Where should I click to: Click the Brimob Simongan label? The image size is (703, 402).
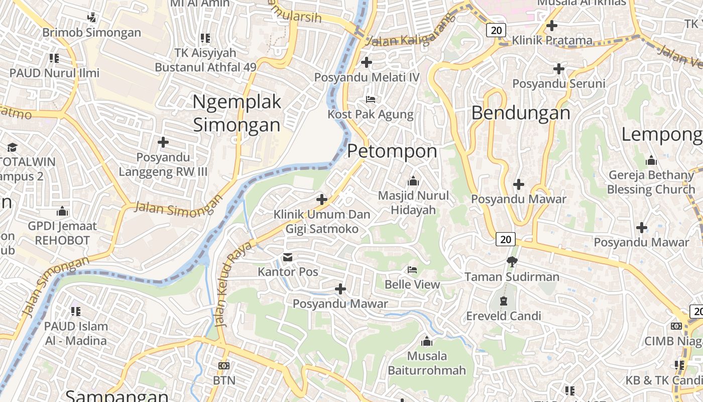pos(92,33)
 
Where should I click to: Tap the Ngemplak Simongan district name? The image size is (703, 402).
pos(237,114)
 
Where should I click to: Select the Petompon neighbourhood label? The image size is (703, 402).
pos(392,151)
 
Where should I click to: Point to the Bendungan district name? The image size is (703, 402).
pos(521,113)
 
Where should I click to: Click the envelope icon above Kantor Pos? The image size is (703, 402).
pos(288,258)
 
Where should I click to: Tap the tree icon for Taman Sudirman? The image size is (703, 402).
pos(512,261)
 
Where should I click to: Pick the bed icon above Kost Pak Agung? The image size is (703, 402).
pos(371,99)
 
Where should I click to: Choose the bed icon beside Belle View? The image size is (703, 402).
pos(412,270)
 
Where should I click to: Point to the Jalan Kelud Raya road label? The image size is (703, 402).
pos(232,284)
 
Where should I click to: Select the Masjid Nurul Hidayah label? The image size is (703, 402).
pos(413,203)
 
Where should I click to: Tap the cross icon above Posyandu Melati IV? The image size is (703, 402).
pos(367,62)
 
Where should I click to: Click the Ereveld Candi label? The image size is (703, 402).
pos(504,316)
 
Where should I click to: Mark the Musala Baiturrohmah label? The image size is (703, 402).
pos(427,363)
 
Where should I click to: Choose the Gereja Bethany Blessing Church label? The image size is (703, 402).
pos(651,182)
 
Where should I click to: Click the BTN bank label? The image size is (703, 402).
pos(224,380)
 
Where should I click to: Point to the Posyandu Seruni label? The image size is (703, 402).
pos(559,83)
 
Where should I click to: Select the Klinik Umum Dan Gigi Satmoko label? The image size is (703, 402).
pos(322,222)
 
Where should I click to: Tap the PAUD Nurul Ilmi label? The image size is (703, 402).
pos(55,73)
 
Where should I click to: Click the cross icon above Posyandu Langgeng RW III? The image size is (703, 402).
pos(163,143)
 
